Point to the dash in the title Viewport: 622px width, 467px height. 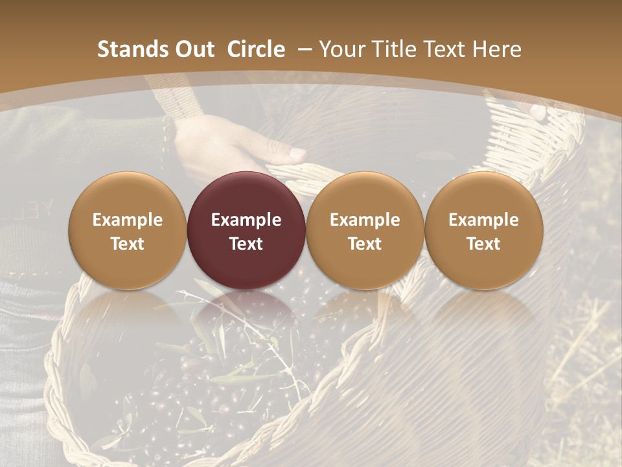point(304,49)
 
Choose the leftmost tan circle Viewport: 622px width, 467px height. point(128,231)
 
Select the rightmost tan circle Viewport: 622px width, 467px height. point(483,231)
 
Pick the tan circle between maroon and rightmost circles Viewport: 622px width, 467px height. point(365,231)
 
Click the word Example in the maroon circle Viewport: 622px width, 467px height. point(246,220)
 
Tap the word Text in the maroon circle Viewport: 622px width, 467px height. point(246,244)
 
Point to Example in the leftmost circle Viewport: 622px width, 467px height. point(128,220)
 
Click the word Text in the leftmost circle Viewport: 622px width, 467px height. point(128,244)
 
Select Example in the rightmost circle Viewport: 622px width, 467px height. point(483,220)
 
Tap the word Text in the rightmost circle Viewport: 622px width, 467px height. point(483,244)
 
